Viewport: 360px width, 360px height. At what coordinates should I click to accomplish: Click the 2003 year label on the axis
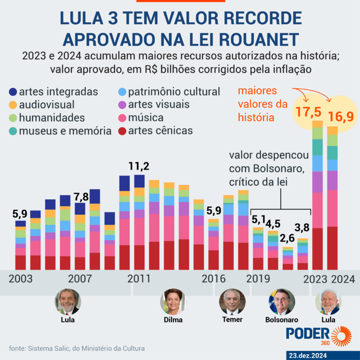click(x=20, y=279)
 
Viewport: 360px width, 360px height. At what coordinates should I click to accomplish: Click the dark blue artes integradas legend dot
click(x=13, y=92)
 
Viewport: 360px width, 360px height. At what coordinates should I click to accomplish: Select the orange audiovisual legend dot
click(x=13, y=105)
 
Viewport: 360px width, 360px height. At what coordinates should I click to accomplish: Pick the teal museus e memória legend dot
click(x=13, y=131)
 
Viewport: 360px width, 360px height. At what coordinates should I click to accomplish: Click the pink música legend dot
click(x=122, y=118)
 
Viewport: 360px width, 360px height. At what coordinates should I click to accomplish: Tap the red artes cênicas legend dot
click(x=122, y=131)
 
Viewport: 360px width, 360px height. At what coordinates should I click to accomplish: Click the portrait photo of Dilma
click(x=173, y=302)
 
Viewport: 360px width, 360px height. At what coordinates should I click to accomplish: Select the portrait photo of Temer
click(x=232, y=302)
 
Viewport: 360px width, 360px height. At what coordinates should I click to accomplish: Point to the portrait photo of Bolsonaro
click(x=281, y=302)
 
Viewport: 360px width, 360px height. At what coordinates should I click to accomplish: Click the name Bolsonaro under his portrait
click(x=281, y=320)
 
